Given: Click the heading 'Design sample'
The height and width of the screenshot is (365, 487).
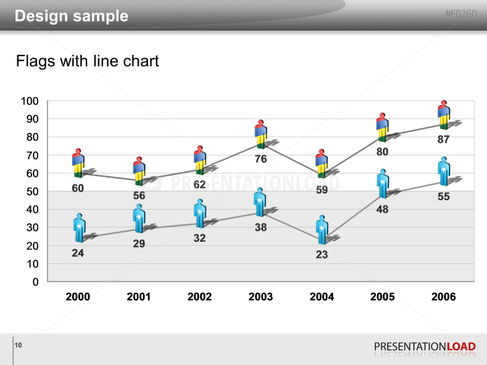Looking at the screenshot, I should (x=72, y=16).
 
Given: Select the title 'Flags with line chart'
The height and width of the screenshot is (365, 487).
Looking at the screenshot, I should (x=88, y=62).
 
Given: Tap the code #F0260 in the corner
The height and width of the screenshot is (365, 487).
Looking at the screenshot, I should (x=461, y=13).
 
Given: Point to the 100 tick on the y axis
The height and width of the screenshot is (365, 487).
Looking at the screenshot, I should (x=30, y=101).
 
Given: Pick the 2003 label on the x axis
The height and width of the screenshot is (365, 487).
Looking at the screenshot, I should (x=261, y=297).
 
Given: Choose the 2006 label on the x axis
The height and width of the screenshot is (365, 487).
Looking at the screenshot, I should (x=443, y=297).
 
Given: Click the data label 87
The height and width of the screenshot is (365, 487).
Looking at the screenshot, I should (x=443, y=139).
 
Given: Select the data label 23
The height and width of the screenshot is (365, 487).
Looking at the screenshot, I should (x=322, y=254).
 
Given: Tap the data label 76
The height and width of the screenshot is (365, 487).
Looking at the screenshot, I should (x=261, y=159).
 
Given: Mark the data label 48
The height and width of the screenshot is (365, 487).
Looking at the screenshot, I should (x=382, y=209).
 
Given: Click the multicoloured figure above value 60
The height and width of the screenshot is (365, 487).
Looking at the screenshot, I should (x=78, y=163).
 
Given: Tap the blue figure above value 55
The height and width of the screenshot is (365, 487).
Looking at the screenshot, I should (x=443, y=171).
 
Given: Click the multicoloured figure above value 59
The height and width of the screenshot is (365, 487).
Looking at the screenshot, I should (x=322, y=163).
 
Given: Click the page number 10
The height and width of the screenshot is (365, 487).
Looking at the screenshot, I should (x=18, y=345).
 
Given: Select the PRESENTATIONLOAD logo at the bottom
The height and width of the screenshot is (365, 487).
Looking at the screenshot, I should (x=425, y=346).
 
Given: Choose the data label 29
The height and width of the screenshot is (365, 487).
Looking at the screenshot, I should (x=139, y=244).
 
